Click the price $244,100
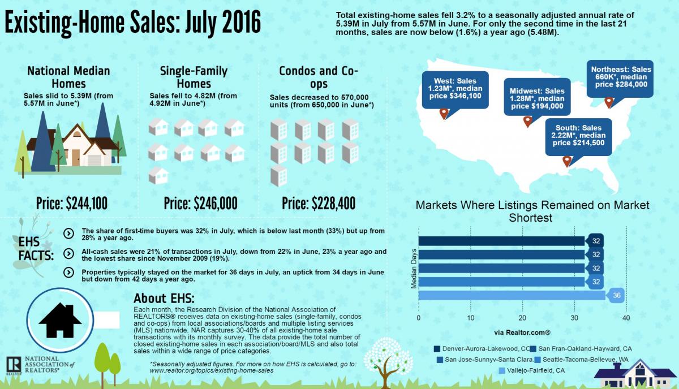click(x=72, y=203)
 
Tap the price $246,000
click(x=200, y=203)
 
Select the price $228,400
click(x=319, y=203)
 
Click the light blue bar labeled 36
click(x=512, y=295)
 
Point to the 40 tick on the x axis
click(x=625, y=318)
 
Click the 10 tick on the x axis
click(x=470, y=318)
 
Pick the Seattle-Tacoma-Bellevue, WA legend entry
click(x=581, y=359)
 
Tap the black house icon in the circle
click(x=61, y=319)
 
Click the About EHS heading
click(x=164, y=298)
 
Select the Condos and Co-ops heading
click(x=319, y=77)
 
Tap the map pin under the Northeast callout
click(x=609, y=102)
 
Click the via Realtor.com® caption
click(x=522, y=331)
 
